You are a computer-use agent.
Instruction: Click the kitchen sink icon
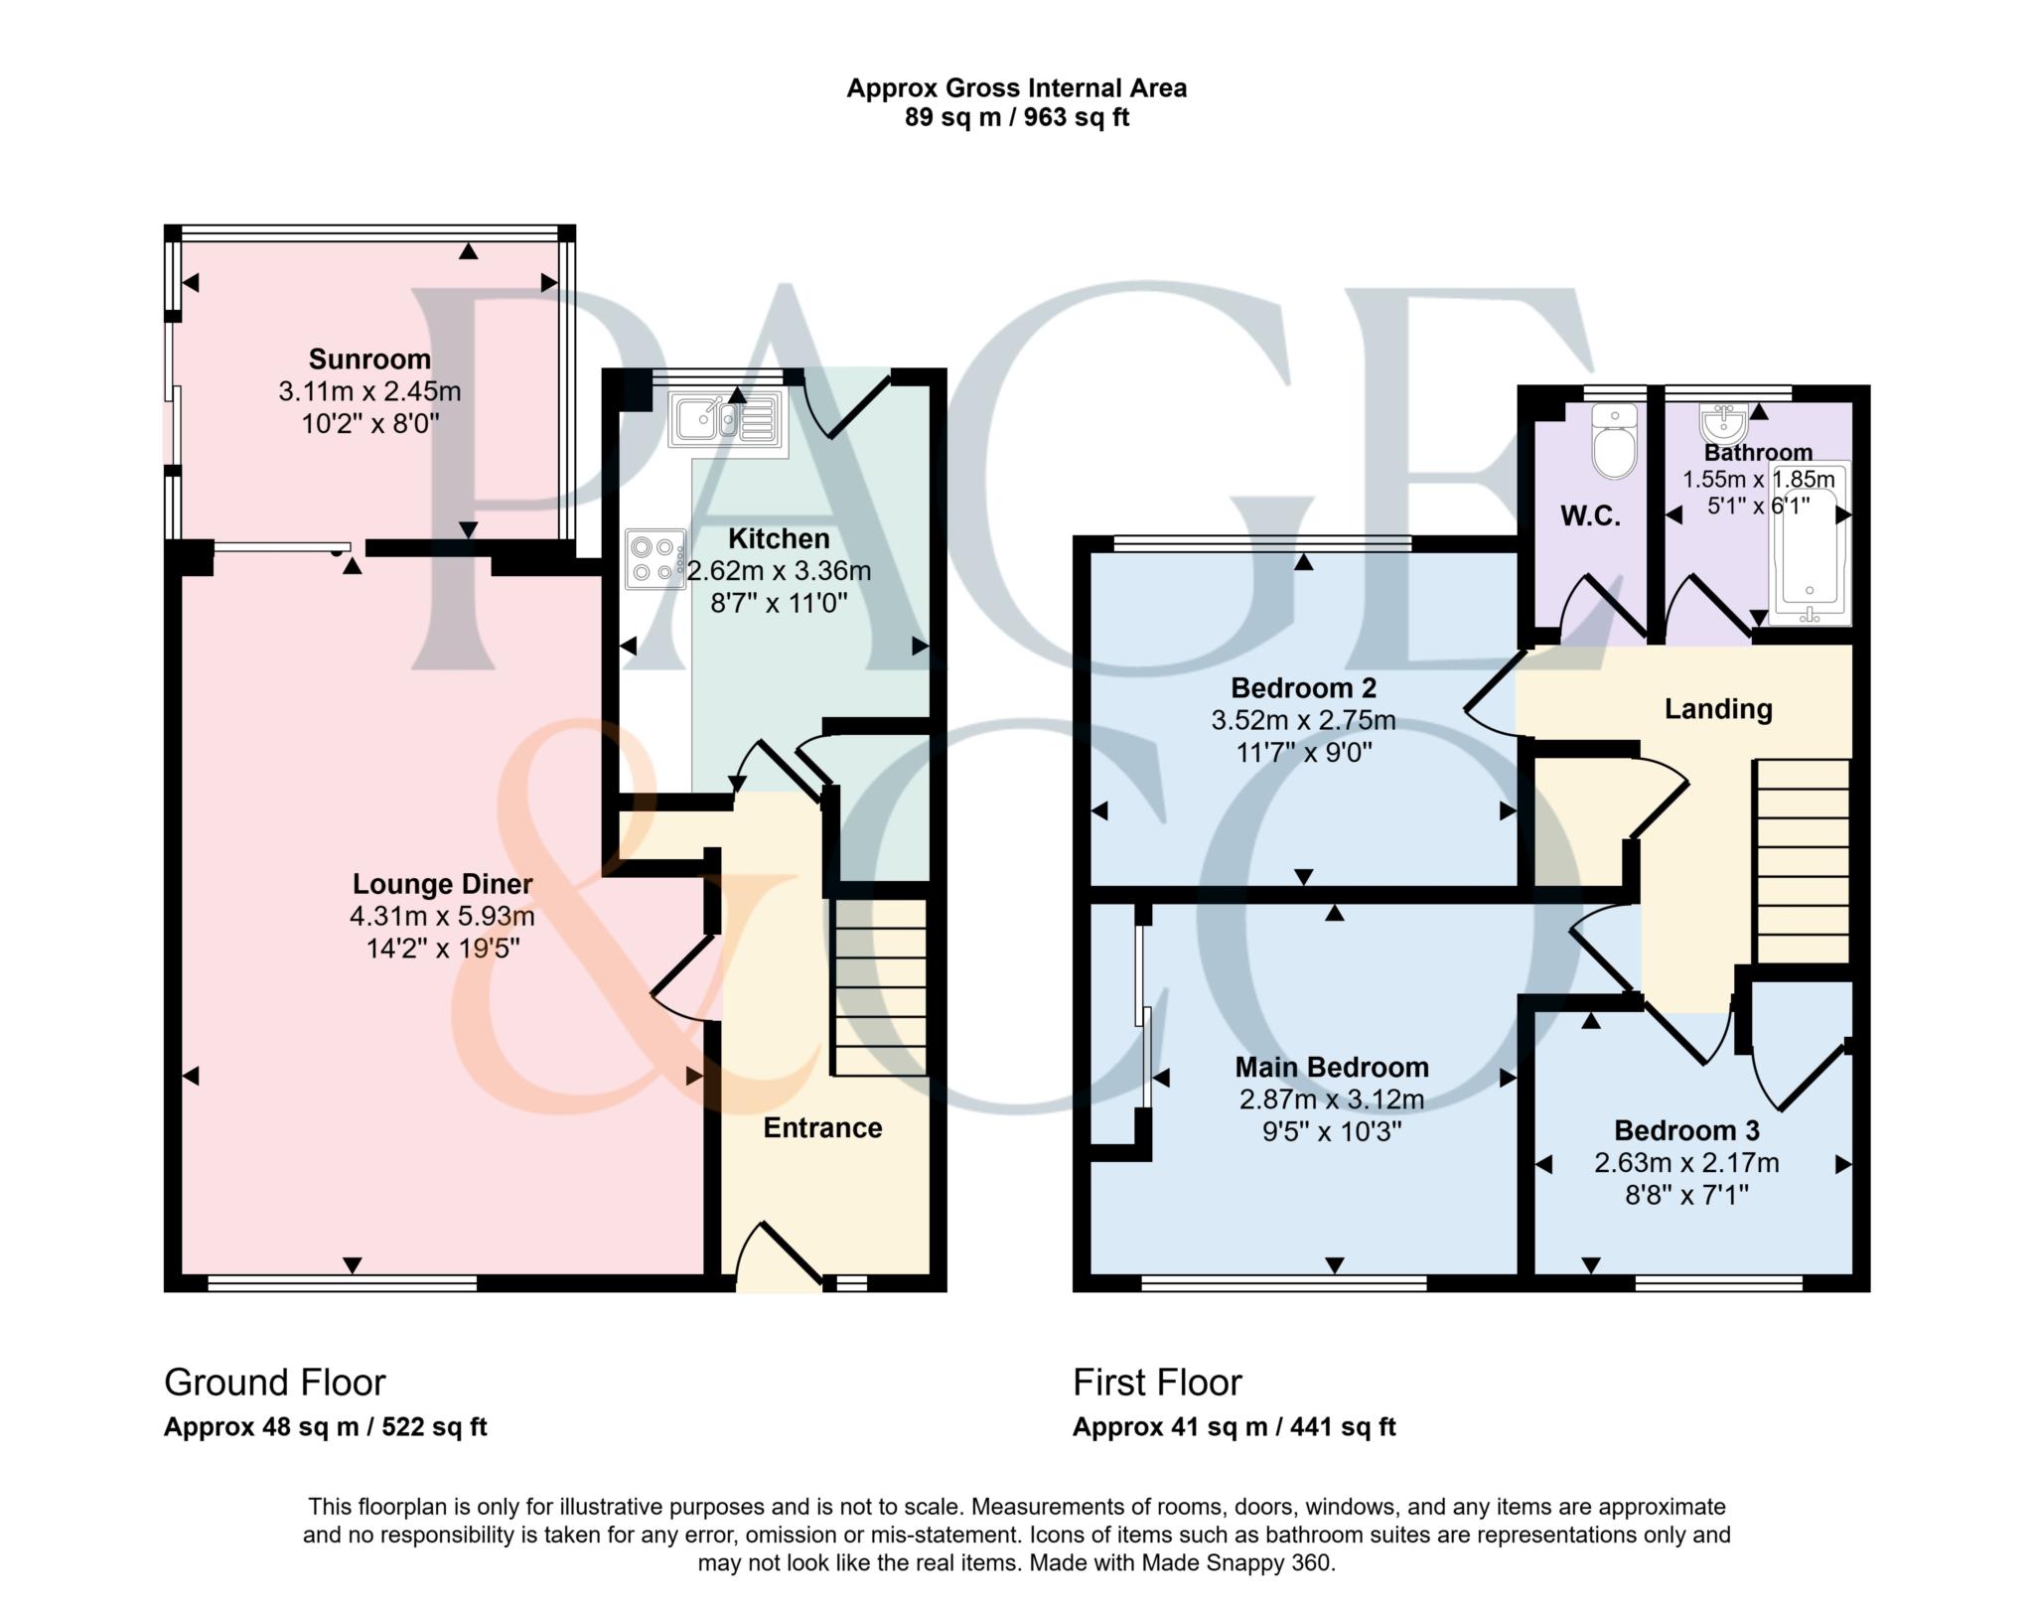point(727,417)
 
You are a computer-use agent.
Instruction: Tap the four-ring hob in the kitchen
point(654,559)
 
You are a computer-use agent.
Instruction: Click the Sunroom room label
point(369,359)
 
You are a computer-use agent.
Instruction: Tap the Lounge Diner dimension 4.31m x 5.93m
point(442,916)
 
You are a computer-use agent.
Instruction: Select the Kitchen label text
point(779,539)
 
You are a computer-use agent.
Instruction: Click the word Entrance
point(822,1128)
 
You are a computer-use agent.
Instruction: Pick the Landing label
point(1718,709)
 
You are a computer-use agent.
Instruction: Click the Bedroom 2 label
point(1303,687)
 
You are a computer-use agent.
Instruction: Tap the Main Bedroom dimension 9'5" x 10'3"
point(1331,1131)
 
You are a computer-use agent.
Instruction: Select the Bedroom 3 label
point(1686,1130)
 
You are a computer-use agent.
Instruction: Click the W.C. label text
point(1590,516)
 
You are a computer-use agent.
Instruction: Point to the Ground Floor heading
point(275,1382)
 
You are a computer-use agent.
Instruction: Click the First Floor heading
point(1157,1382)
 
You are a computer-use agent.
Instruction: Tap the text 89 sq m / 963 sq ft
point(1016,118)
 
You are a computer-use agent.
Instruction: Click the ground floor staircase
point(879,987)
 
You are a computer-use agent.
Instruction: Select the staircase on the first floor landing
point(1802,860)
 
